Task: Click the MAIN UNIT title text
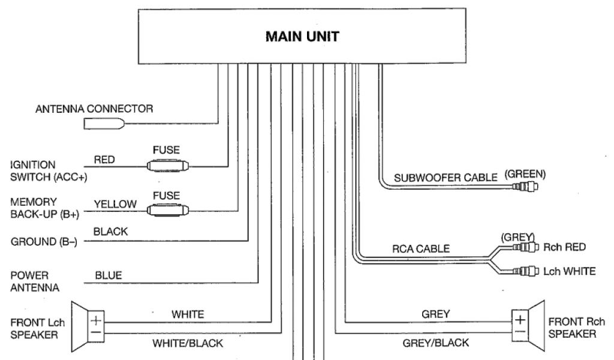[x=302, y=37]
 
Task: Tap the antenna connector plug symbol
[x=105, y=124]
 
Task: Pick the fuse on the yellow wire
[x=168, y=210]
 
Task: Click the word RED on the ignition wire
[x=104, y=160]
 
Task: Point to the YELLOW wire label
[x=115, y=205]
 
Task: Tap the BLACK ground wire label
[x=111, y=231]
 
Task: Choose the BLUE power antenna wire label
[x=109, y=275]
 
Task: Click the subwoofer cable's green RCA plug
[x=526, y=187]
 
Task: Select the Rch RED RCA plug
[x=528, y=247]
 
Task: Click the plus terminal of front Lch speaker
[x=96, y=320]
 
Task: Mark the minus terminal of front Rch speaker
[x=519, y=332]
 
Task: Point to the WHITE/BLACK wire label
[x=188, y=344]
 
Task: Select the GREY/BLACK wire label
[x=436, y=344]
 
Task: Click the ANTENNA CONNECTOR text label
[x=94, y=109]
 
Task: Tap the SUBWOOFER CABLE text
[x=446, y=178]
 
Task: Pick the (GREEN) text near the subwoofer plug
[x=525, y=174]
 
